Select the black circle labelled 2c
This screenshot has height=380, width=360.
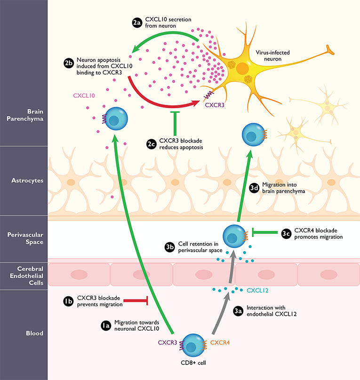coord(151,145)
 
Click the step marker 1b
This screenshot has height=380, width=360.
coord(69,300)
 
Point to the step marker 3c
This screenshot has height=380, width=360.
coord(286,233)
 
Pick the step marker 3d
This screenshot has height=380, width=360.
coord(254,189)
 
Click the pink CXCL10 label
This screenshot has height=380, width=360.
coord(84,96)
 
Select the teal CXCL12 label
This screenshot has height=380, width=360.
coord(257,291)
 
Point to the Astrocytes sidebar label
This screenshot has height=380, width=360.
coord(24,181)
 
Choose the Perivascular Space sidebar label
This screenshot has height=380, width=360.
coord(24,238)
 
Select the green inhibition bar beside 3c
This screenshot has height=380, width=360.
coord(265,231)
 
